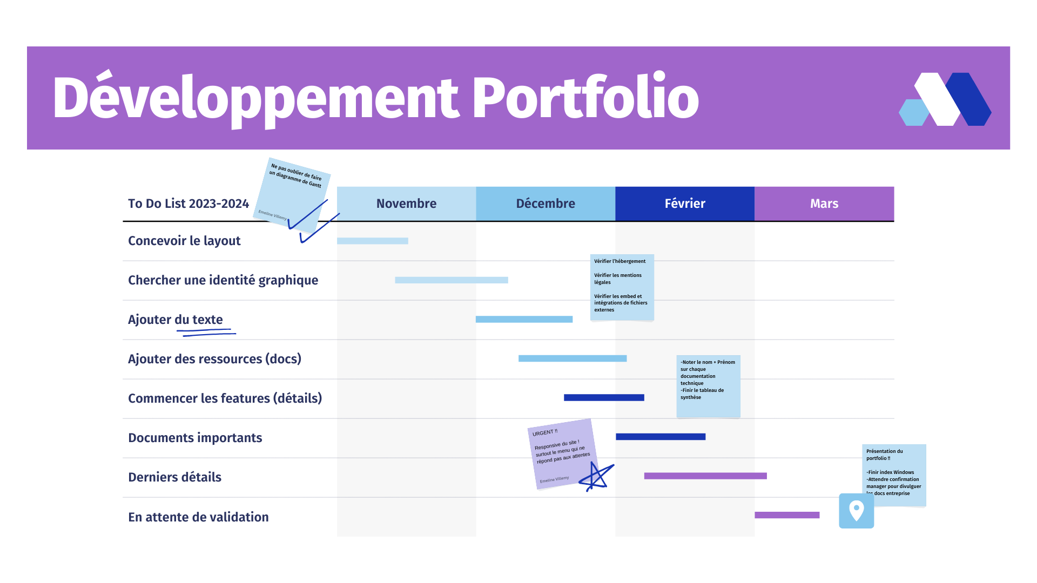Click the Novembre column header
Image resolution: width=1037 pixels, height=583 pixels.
(406, 204)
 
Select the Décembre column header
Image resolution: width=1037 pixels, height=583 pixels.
(546, 204)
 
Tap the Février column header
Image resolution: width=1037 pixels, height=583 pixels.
(685, 204)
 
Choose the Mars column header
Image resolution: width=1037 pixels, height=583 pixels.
(824, 204)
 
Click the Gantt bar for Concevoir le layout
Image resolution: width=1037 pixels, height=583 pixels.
(372, 241)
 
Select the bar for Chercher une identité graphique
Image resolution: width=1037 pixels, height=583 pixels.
(451, 280)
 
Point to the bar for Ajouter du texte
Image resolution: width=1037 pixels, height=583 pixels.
(524, 320)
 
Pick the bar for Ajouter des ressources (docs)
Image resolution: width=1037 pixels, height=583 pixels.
(573, 358)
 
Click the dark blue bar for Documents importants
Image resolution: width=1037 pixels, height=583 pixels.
(661, 437)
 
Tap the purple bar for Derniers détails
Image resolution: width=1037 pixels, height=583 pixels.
(705, 476)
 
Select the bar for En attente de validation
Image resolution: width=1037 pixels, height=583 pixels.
(787, 515)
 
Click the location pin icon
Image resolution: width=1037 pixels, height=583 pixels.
(856, 510)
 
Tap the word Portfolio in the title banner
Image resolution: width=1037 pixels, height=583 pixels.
(585, 98)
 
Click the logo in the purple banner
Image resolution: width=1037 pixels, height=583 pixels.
(945, 99)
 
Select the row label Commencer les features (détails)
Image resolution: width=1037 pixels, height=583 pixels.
(225, 398)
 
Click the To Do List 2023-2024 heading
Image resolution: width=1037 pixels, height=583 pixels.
(188, 204)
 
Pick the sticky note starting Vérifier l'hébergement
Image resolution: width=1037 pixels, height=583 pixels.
(622, 287)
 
